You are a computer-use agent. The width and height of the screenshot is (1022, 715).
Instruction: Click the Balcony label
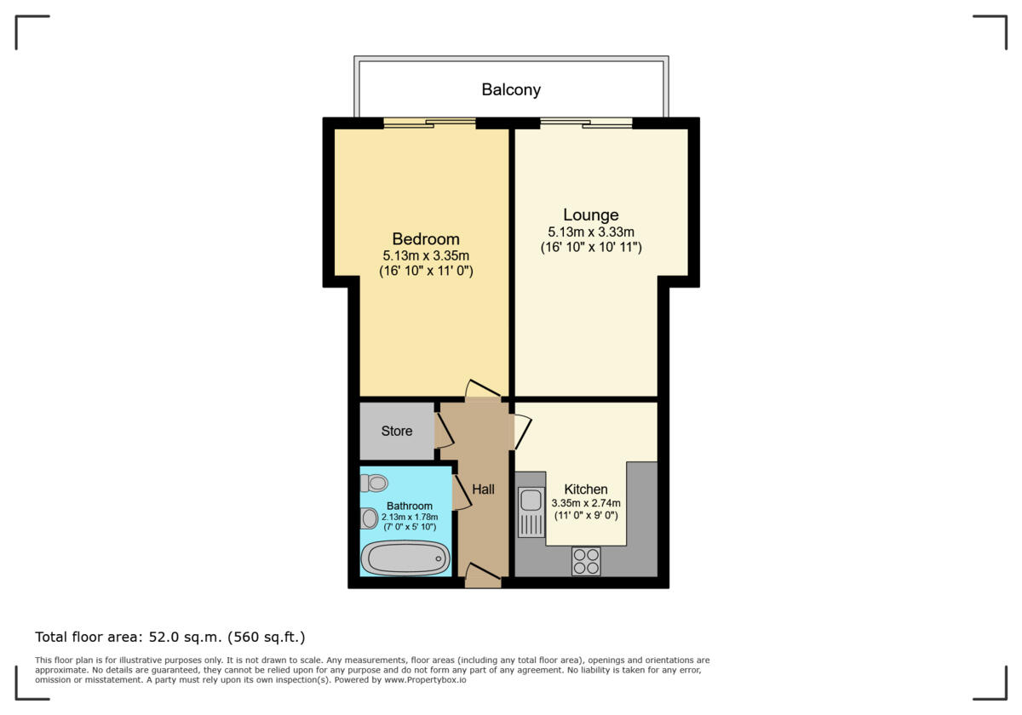pyautogui.click(x=511, y=89)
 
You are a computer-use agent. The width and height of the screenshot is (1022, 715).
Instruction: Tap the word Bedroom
pyautogui.click(x=425, y=239)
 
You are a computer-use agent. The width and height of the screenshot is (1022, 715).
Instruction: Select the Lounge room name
pyautogui.click(x=590, y=214)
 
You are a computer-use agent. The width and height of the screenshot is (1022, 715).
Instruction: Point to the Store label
pyautogui.click(x=396, y=431)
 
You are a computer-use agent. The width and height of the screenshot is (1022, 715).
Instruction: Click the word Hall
pyautogui.click(x=483, y=489)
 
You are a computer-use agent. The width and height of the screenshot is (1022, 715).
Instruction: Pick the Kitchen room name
pyautogui.click(x=586, y=489)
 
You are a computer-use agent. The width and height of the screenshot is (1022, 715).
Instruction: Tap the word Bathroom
pyautogui.click(x=409, y=506)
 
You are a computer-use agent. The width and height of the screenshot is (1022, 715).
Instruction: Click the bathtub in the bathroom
pyautogui.click(x=405, y=558)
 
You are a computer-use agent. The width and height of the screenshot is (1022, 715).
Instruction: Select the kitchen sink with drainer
pyautogui.click(x=531, y=512)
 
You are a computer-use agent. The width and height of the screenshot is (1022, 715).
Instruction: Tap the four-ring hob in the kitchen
pyautogui.click(x=586, y=560)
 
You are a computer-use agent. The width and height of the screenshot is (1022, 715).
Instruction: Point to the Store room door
pyautogui.click(x=444, y=431)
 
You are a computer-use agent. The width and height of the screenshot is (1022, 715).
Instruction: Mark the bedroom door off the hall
pyautogui.click(x=483, y=390)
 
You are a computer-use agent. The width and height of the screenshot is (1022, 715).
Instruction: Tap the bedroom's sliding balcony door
pyautogui.click(x=429, y=123)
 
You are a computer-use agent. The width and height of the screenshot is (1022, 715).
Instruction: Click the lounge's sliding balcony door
pyautogui.click(x=586, y=123)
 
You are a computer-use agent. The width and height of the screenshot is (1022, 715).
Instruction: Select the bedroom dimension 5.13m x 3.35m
pyautogui.click(x=426, y=255)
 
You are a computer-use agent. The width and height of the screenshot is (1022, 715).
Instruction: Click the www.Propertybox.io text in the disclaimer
pyautogui.click(x=423, y=680)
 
